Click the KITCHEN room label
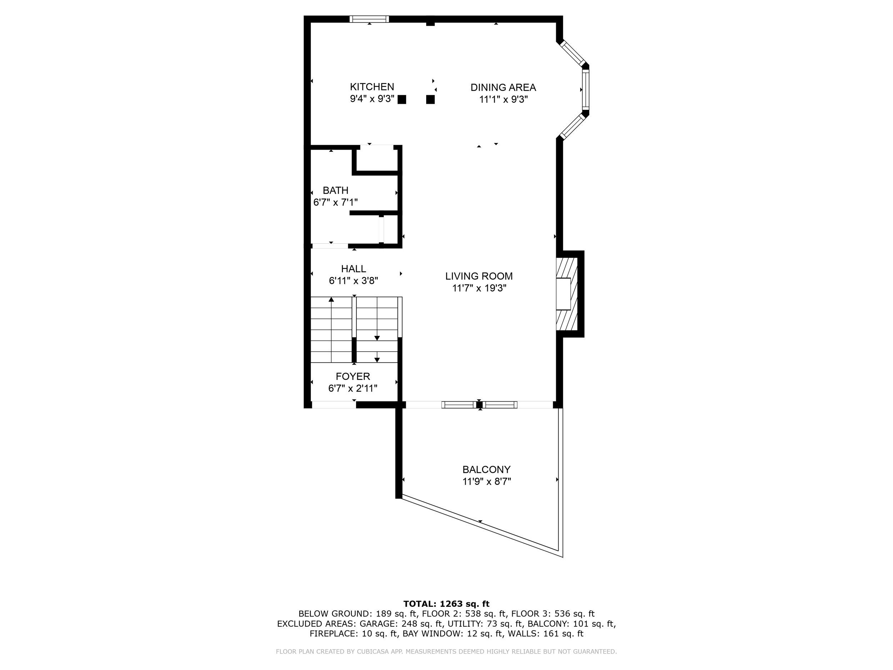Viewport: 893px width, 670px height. pyautogui.click(x=372, y=87)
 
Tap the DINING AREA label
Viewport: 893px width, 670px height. pyautogui.click(x=503, y=87)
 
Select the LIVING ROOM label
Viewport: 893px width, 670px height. pyautogui.click(x=479, y=276)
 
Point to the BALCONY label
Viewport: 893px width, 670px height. pyautogui.click(x=487, y=470)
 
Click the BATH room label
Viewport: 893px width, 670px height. pyautogui.click(x=335, y=190)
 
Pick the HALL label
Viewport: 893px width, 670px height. pyautogui.click(x=354, y=269)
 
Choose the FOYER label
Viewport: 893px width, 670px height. pyautogui.click(x=353, y=376)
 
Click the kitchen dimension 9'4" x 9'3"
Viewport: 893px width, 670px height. pyautogui.click(x=372, y=99)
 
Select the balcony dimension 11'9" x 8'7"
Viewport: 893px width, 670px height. pyautogui.click(x=487, y=481)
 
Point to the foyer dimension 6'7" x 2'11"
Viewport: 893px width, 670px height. pyautogui.click(x=353, y=388)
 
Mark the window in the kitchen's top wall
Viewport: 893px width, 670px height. pyautogui.click(x=369, y=19)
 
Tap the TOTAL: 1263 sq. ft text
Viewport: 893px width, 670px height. pyautogui.click(x=446, y=604)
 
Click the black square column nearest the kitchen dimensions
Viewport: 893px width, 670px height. pyautogui.click(x=402, y=99)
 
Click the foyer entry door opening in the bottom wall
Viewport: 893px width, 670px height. pyautogui.click(x=334, y=405)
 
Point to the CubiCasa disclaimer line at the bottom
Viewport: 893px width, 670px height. pyautogui.click(x=446, y=651)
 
